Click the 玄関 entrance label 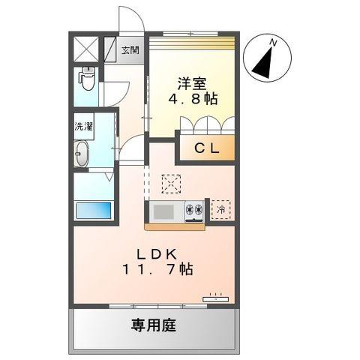130,50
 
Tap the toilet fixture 86,78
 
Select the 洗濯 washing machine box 84,126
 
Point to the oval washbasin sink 82,154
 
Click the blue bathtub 94,211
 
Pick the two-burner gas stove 194,211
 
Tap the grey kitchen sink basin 163,211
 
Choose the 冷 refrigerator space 220,210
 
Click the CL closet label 207,148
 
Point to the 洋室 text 192,84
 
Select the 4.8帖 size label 193,99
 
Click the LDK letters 157,254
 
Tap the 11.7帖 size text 157,269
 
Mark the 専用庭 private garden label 154,325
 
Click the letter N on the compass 273,43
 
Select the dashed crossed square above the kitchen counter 171,184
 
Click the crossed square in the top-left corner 86,49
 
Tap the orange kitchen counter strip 175,226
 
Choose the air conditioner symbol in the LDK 215,298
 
